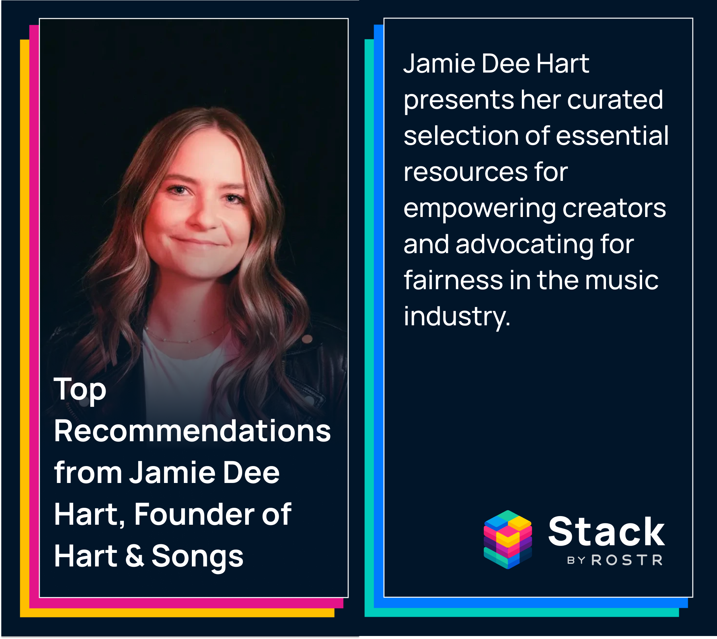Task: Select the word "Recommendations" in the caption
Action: tap(192, 432)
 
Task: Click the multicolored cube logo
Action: tap(507, 540)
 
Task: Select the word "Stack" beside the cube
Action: tap(606, 532)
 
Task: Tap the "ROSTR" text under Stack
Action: tap(627, 560)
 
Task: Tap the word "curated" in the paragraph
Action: tap(615, 100)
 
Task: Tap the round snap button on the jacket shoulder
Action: tap(307, 339)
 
